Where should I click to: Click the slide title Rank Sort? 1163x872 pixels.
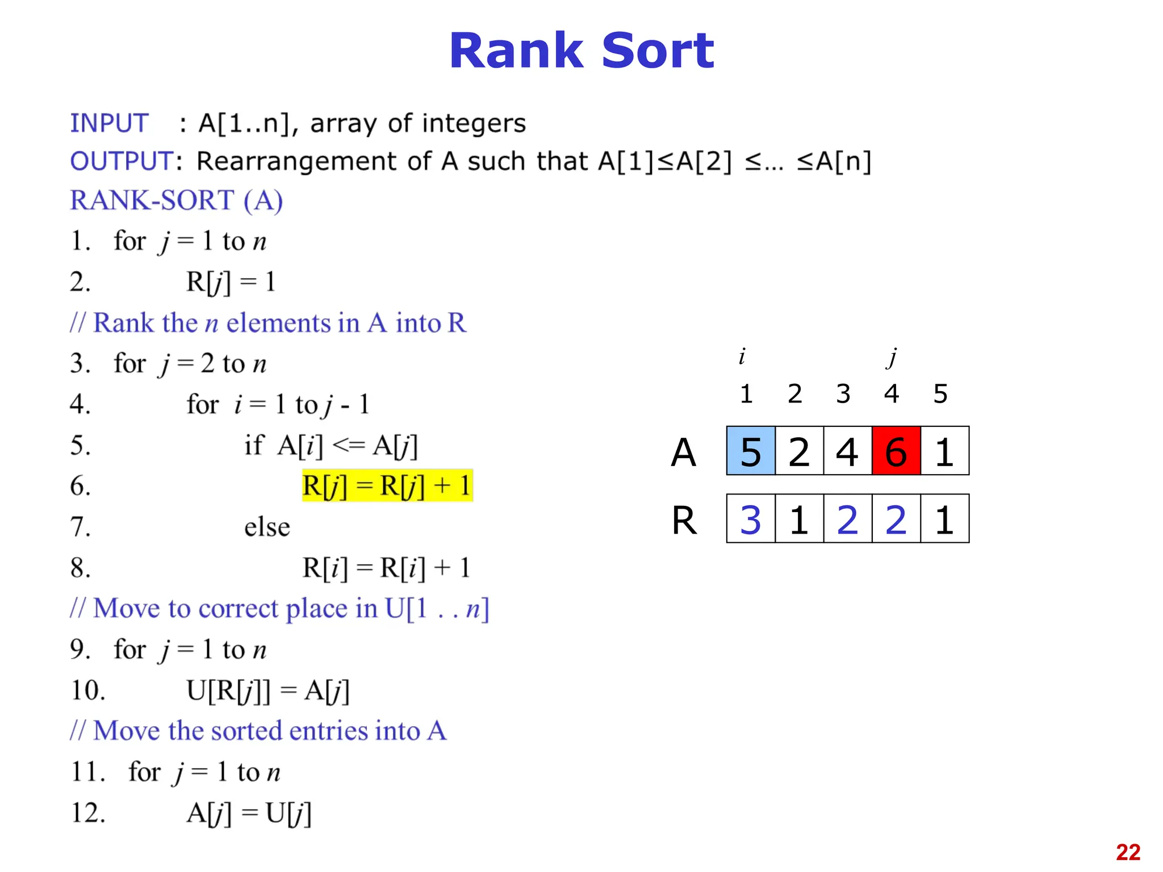[x=581, y=51]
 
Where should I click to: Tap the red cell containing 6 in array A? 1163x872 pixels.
[x=896, y=451]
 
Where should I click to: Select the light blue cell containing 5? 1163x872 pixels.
[x=751, y=451]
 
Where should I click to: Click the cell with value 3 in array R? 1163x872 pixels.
[x=751, y=519]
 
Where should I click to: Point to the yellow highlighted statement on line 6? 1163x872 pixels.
[x=387, y=486]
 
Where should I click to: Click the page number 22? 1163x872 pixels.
[x=1128, y=852]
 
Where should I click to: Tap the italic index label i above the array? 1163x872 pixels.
[x=742, y=357]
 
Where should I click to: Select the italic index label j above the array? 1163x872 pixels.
[x=892, y=358]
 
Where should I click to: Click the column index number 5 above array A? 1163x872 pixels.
[x=940, y=393]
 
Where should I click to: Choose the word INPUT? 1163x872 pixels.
[x=109, y=123]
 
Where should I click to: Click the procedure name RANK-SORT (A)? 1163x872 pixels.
[x=176, y=200]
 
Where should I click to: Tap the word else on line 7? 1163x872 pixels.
[x=267, y=527]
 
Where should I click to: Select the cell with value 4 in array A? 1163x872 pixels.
[x=847, y=451]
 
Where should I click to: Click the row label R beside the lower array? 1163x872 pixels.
[x=684, y=520]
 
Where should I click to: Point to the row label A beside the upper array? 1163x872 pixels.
[x=683, y=452]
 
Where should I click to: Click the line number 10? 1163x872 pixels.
[x=87, y=690]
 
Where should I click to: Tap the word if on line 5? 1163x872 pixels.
[x=254, y=445]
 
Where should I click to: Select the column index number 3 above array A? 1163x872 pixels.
[x=843, y=393]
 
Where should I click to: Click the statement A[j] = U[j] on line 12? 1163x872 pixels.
[x=249, y=813]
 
